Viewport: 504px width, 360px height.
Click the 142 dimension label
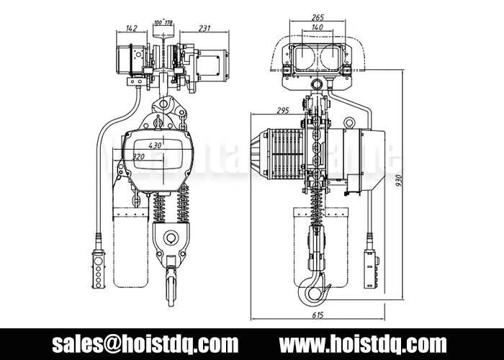click(x=130, y=29)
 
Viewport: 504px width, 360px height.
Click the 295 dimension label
click(x=282, y=110)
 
